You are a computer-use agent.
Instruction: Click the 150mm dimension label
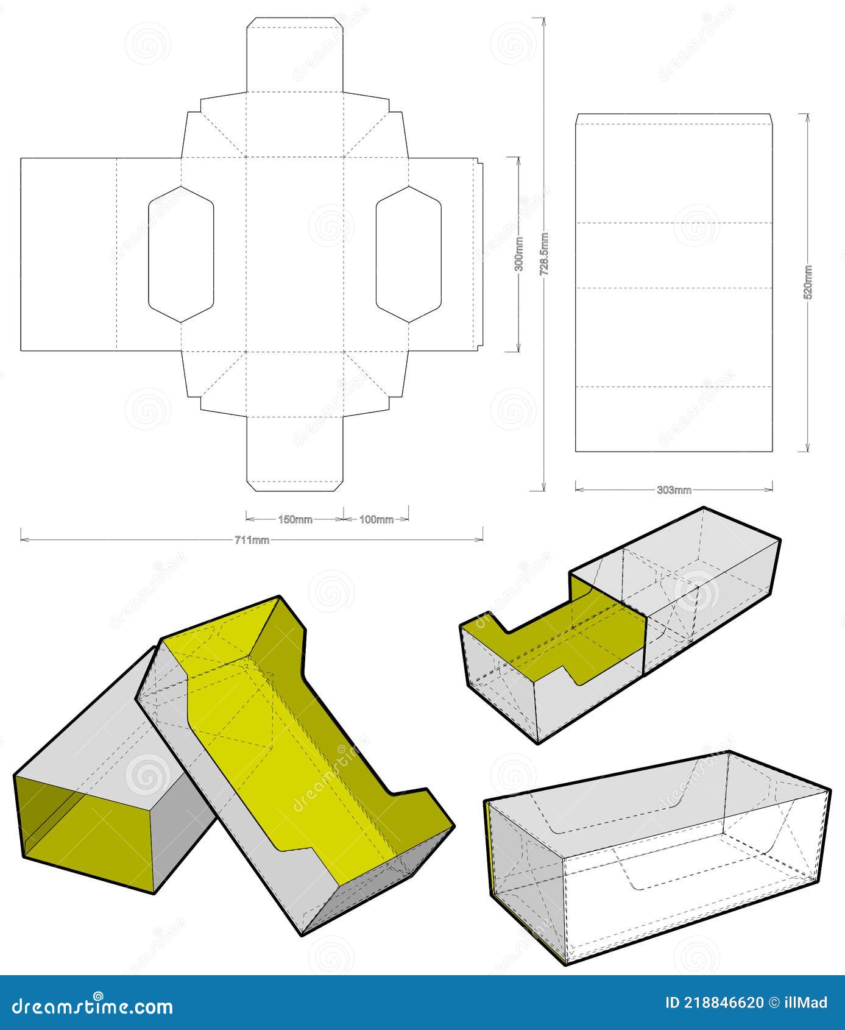pyautogui.click(x=295, y=520)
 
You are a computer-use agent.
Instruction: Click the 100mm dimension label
pyautogui.click(x=376, y=520)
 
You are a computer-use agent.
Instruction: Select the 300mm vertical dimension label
pyautogui.click(x=518, y=254)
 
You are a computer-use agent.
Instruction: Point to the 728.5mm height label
pyautogui.click(x=545, y=254)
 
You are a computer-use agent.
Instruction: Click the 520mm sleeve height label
pyautogui.click(x=808, y=282)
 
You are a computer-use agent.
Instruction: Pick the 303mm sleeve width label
pyautogui.click(x=674, y=490)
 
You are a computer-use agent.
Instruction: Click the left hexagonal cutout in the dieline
pyautogui.click(x=181, y=254)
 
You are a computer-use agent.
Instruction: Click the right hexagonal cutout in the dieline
pyautogui.click(x=408, y=254)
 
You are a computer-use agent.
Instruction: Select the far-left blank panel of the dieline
pyautogui.click(x=68, y=254)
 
